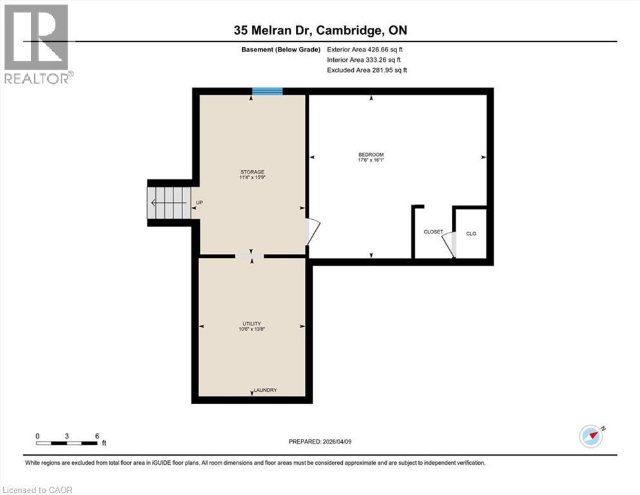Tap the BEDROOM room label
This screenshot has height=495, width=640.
[x=371, y=155]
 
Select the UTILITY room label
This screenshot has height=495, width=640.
[x=251, y=324]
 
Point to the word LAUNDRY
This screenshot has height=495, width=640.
[x=265, y=390]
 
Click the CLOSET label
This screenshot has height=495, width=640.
[x=432, y=232]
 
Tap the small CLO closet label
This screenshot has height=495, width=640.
[x=471, y=233]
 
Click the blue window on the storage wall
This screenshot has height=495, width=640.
[x=267, y=92]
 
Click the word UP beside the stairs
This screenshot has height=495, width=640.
[x=199, y=203]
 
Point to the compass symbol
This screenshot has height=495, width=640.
[x=592, y=436]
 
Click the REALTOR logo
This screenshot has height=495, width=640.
[x=37, y=44]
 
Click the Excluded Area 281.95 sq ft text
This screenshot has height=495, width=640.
[x=367, y=70]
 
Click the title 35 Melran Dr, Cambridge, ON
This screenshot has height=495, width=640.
[x=320, y=30]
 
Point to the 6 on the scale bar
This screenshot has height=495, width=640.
[x=97, y=436]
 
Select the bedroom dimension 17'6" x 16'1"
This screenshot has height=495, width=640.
[x=371, y=160]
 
